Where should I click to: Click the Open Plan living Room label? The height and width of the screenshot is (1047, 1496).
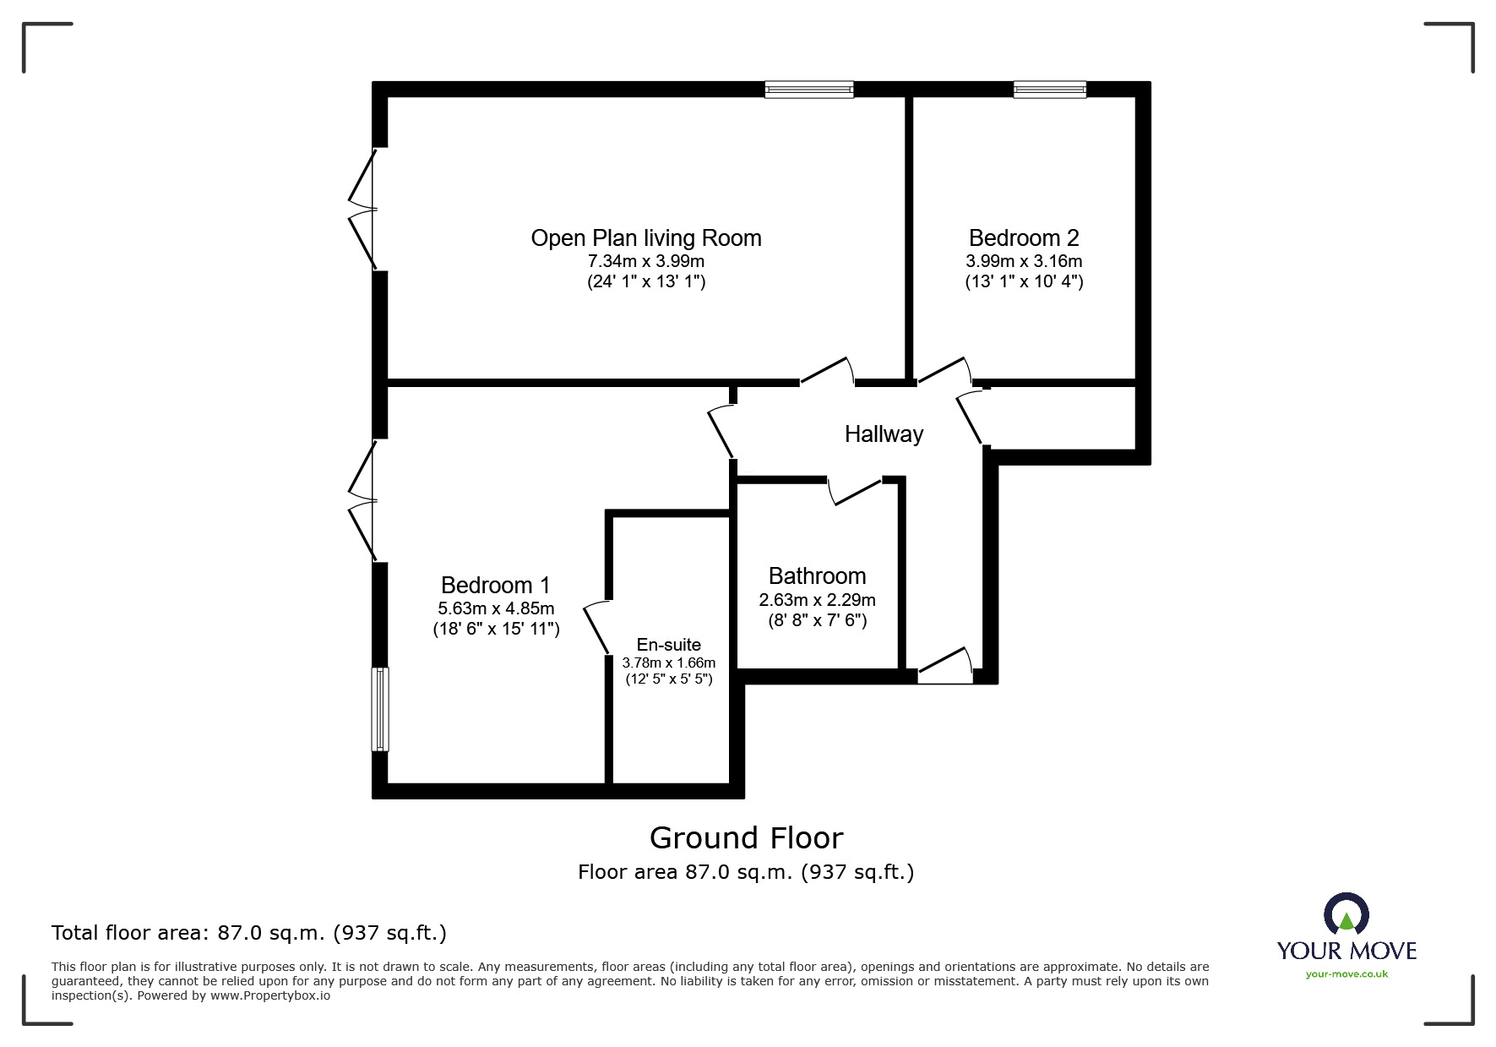point(646,238)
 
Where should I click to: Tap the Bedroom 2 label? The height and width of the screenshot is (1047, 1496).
point(1024,238)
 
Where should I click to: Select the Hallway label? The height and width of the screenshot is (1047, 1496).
point(884,434)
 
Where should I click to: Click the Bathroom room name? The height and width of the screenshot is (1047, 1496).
point(817,576)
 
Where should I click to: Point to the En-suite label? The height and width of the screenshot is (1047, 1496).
point(668,645)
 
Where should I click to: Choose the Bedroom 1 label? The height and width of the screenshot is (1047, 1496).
point(496,586)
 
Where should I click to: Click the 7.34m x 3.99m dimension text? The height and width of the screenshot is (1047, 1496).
point(646,261)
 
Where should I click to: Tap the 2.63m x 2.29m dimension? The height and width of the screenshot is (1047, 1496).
point(817,600)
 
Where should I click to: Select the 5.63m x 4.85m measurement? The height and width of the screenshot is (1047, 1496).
point(496,608)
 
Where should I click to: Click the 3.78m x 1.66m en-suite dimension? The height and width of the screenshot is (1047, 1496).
point(668,663)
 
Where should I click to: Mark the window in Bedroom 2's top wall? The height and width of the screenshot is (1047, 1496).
point(1049,90)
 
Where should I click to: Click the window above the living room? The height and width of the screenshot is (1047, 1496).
point(808,90)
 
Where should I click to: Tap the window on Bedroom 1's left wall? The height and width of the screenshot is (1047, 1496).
point(380,709)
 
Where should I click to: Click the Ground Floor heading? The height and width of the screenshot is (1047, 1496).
point(746,838)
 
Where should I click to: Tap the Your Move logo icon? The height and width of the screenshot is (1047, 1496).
point(1346,915)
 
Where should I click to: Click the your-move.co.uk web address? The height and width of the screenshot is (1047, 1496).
point(1346,974)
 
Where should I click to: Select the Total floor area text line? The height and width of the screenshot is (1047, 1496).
point(249,933)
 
